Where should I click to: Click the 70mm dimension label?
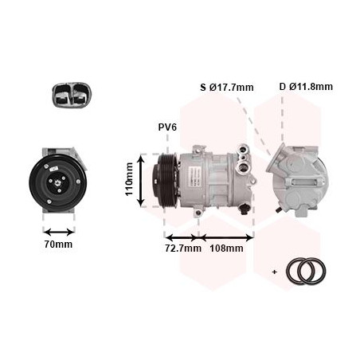coord(58,245)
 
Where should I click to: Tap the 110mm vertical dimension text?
coord(129,179)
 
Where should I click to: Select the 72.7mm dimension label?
coord(183,248)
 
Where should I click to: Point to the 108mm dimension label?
coord(226,248)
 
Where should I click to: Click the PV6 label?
coord(167,127)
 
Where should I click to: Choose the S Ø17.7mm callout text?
coord(227,87)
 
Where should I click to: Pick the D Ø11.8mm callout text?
coord(306,87)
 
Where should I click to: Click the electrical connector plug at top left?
coord(72,95)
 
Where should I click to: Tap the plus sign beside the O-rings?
coord(275,272)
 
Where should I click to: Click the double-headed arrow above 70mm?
coord(59,233)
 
